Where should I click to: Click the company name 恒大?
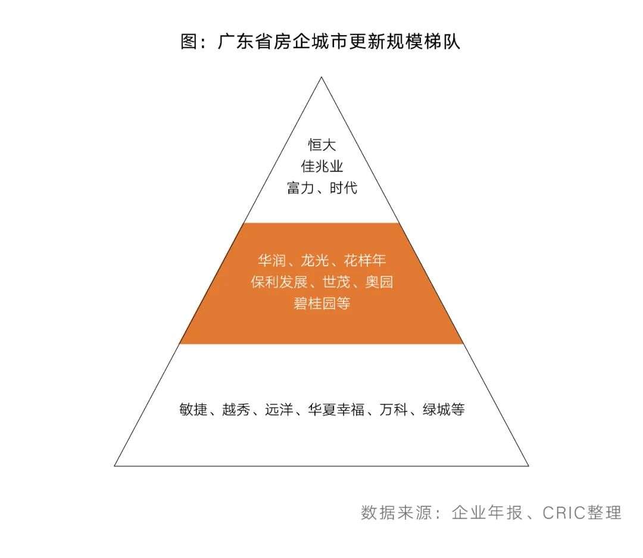pyautogui.click(x=321, y=145)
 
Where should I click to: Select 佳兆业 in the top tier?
pyautogui.click(x=321, y=167)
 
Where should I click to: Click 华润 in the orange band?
pyautogui.click(x=271, y=261)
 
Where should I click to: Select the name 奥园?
pyautogui.click(x=379, y=282)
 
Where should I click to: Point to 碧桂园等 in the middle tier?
pyautogui.click(x=321, y=304)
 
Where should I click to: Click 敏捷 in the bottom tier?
pyautogui.click(x=193, y=410)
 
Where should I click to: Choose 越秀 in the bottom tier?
pyautogui.click(x=236, y=410)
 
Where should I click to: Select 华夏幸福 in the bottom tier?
pyautogui.click(x=336, y=410)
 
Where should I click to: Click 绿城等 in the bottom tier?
pyautogui.click(x=444, y=410)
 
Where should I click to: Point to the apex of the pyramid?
pyautogui.click(x=321, y=78)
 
